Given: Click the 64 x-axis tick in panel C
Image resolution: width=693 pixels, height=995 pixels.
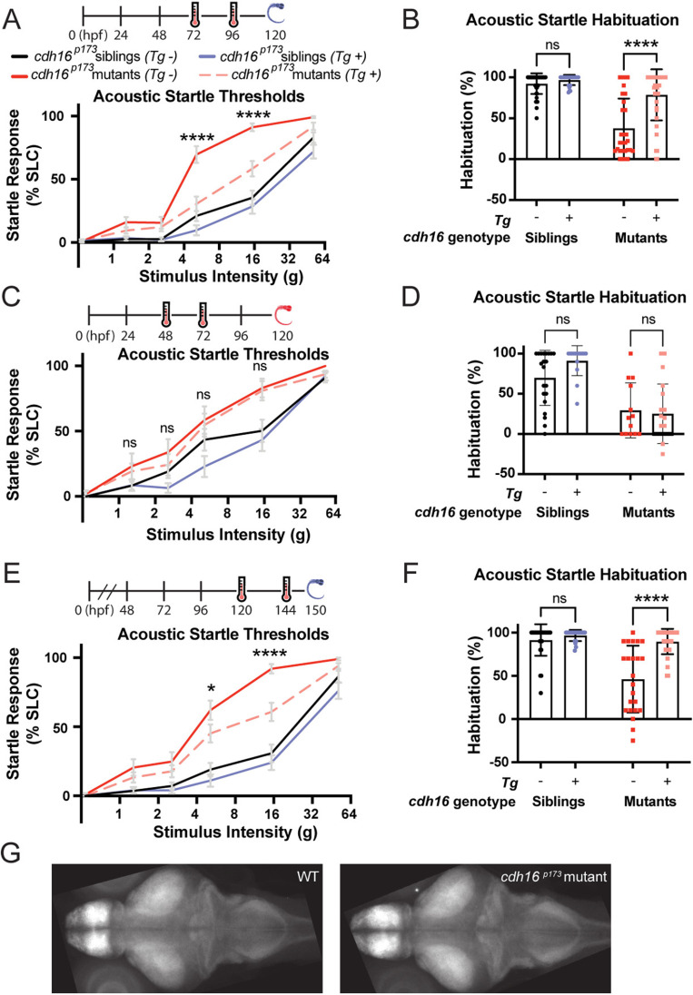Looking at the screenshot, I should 332,512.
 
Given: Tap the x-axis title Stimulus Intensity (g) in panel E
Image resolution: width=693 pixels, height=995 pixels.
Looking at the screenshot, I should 207,830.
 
